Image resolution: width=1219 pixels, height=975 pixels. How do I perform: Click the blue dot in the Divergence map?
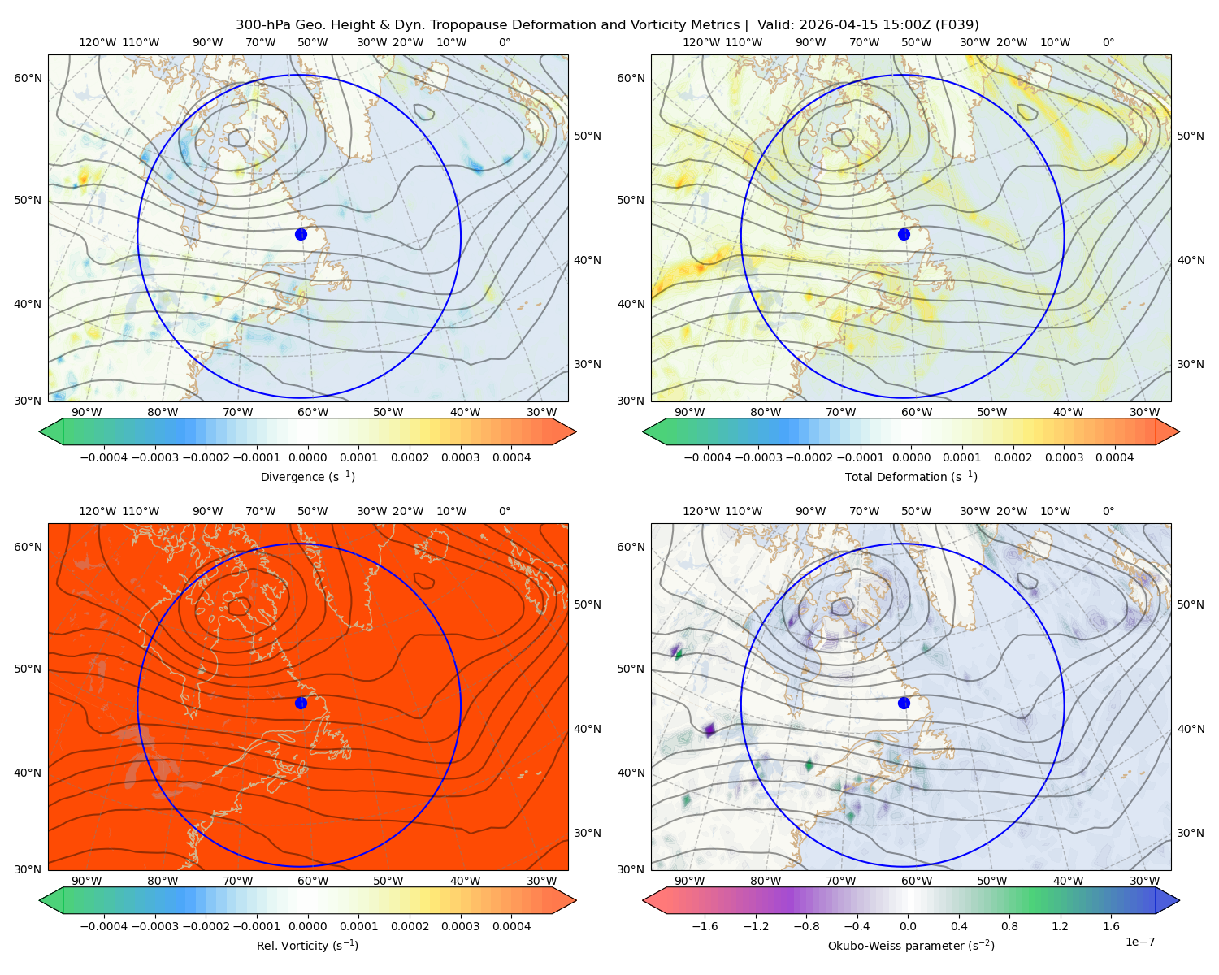tap(301, 234)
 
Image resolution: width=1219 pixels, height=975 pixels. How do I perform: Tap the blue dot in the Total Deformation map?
tap(904, 234)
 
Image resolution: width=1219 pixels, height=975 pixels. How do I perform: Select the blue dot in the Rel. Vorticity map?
tap(301, 703)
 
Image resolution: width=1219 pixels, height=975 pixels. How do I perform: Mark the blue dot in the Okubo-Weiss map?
tap(904, 703)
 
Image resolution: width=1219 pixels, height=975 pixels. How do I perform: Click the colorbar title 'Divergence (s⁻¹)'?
tap(307, 476)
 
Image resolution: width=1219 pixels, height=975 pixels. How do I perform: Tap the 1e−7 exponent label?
tap(1139, 942)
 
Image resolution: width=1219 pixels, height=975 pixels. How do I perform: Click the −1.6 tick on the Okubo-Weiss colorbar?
tap(705, 925)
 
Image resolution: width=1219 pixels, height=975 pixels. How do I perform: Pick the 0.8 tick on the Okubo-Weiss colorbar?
tap(1009, 925)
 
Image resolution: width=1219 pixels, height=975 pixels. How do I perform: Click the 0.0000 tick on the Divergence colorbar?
tap(307, 457)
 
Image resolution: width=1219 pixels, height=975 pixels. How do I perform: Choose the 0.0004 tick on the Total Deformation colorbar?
tap(1114, 457)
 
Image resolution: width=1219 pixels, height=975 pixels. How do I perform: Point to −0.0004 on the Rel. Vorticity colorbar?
tap(104, 925)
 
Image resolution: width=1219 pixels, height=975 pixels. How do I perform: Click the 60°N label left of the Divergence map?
tap(28, 78)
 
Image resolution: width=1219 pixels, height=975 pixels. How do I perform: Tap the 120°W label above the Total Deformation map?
tap(701, 42)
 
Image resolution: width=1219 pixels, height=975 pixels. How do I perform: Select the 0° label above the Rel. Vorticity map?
tap(505, 511)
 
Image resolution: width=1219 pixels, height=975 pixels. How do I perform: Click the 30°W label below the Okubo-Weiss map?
tap(1144, 881)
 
